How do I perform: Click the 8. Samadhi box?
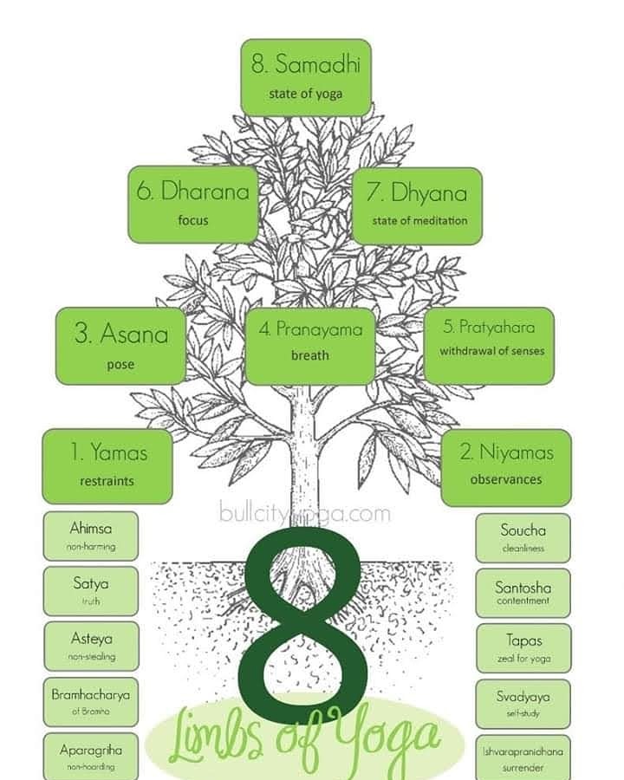click(x=306, y=76)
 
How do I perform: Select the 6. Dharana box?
click(x=193, y=205)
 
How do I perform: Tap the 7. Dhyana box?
click(x=417, y=205)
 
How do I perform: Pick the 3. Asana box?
click(x=120, y=346)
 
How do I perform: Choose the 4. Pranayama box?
click(x=310, y=341)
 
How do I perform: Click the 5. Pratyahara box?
click(x=489, y=344)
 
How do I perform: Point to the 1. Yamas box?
click(x=107, y=465)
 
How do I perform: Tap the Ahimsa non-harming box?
click(x=91, y=536)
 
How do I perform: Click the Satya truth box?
click(x=91, y=591)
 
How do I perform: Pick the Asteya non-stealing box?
click(x=91, y=646)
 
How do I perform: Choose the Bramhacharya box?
click(x=91, y=702)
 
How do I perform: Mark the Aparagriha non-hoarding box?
click(x=91, y=756)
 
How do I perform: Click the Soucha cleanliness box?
click(x=523, y=537)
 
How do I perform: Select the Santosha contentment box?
click(x=523, y=593)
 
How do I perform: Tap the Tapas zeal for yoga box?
click(x=523, y=647)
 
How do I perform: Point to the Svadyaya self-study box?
click(x=523, y=704)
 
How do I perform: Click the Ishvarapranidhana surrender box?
click(x=523, y=757)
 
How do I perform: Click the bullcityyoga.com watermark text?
click(x=305, y=513)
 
